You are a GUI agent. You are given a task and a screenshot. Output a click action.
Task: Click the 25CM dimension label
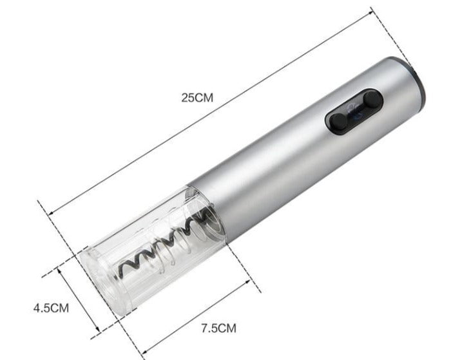coord(197,98)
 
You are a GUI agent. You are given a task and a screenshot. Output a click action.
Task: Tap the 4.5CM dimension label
coord(51,308)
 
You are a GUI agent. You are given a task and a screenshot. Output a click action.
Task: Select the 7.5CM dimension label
coord(218,328)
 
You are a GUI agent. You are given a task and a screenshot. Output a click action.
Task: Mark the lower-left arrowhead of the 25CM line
coord(51,213)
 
